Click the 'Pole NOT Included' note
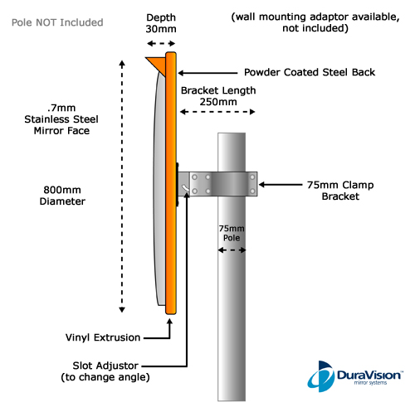point(57,22)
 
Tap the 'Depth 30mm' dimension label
point(161,23)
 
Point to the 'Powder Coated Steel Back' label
point(310,72)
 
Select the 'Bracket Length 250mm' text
point(218,96)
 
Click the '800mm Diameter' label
point(62,196)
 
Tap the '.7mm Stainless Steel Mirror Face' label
point(61,119)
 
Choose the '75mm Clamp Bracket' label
point(340,191)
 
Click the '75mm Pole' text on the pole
point(232,233)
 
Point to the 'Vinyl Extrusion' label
point(103,337)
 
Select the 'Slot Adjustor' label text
point(105,366)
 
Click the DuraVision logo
point(355,376)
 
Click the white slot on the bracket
point(185,188)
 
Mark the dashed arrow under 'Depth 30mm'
point(161,43)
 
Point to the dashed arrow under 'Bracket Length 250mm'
point(217,112)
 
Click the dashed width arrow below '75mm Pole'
point(232,250)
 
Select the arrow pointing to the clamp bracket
point(281,185)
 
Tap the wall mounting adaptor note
point(315,22)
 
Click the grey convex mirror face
point(159,188)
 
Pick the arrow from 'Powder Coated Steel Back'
point(207,73)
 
